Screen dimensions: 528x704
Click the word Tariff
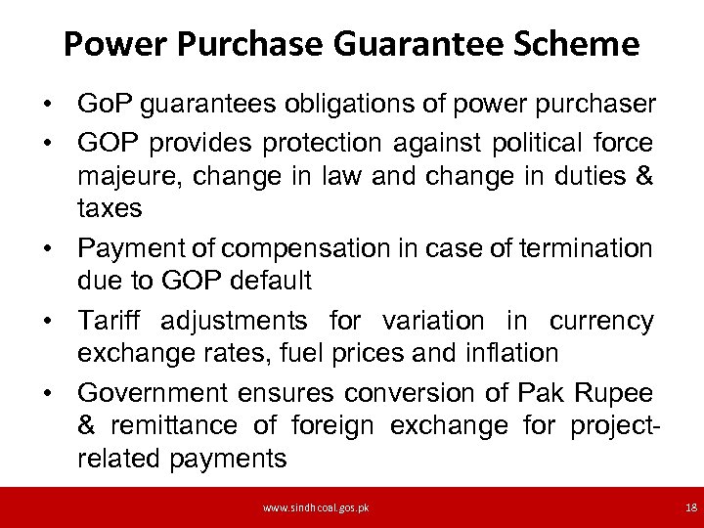tap(110, 321)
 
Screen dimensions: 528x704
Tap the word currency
tap(601, 321)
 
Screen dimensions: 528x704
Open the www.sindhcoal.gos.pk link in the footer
tap(314, 508)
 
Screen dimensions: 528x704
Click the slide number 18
tap(691, 508)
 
